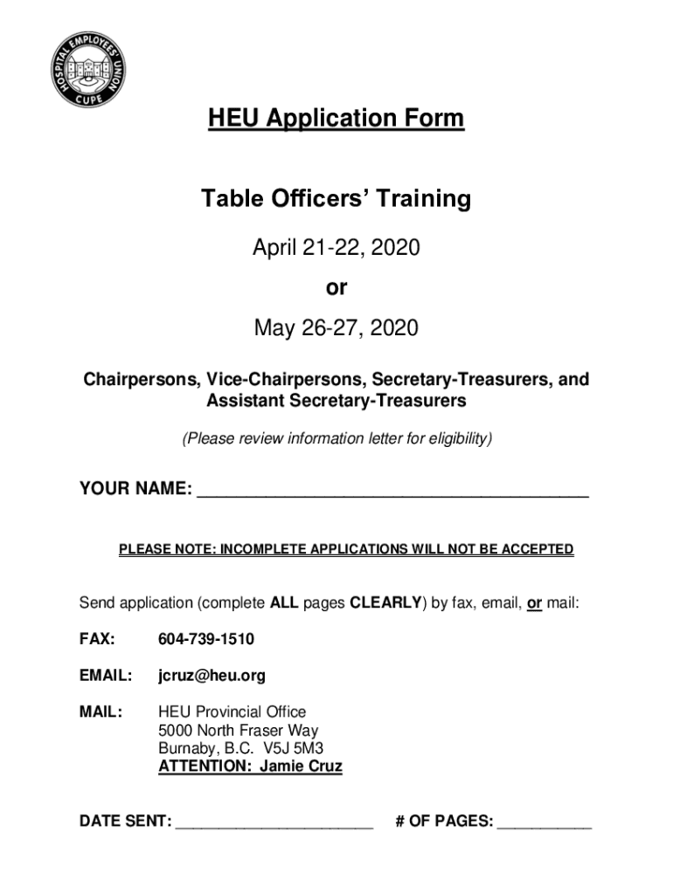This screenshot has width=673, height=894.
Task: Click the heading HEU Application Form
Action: pyautogui.click(x=336, y=118)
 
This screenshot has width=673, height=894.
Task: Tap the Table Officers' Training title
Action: pyautogui.click(x=336, y=200)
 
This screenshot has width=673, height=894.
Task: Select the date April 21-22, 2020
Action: pyautogui.click(x=336, y=249)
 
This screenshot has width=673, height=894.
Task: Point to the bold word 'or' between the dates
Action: pyautogui.click(x=336, y=288)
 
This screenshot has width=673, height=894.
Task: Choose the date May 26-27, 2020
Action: pyautogui.click(x=336, y=328)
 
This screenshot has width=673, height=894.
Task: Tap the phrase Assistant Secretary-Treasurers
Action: pyautogui.click(x=336, y=401)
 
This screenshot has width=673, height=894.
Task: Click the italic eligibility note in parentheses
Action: pyautogui.click(x=336, y=438)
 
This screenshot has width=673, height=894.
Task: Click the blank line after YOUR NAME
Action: pyautogui.click(x=392, y=491)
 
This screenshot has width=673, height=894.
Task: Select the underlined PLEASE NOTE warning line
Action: pyautogui.click(x=346, y=549)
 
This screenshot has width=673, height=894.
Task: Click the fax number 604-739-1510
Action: pyautogui.click(x=206, y=640)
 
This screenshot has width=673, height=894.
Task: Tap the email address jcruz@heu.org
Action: pyautogui.click(x=212, y=676)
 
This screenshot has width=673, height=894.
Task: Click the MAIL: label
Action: pyautogui.click(x=101, y=712)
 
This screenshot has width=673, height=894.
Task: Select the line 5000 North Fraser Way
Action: pyautogui.click(x=238, y=731)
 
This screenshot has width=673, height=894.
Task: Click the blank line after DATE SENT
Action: pyautogui.click(x=274, y=823)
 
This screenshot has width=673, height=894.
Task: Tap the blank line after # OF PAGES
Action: pyautogui.click(x=544, y=823)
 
